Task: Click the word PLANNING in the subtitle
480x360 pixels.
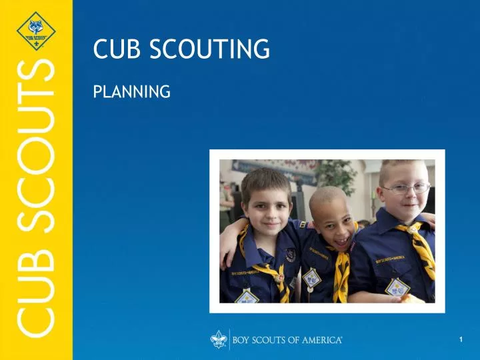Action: coord(131,91)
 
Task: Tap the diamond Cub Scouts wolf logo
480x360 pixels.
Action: coord(36,30)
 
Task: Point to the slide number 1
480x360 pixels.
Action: coord(461,340)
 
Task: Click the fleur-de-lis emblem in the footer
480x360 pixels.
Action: coord(218,340)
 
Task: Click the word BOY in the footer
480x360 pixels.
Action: coord(243,340)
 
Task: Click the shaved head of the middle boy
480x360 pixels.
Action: coord(329,198)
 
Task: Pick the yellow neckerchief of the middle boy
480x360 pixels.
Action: coord(341,273)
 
